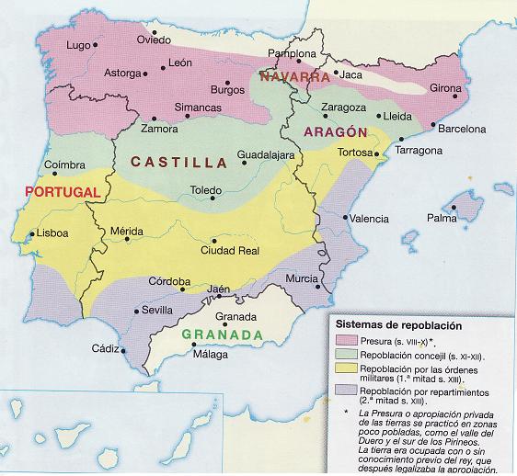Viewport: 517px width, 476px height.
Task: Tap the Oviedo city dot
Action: (x=155, y=32)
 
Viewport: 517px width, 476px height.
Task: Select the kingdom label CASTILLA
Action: (x=178, y=163)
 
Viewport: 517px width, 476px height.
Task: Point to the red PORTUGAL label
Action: (x=63, y=192)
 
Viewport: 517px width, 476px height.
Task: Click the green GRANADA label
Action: (x=228, y=334)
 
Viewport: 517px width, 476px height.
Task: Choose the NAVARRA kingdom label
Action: (x=294, y=77)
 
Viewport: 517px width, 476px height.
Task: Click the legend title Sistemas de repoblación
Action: (x=398, y=325)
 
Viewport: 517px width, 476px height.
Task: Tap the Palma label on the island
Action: (x=442, y=218)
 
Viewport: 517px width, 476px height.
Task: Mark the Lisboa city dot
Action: (x=32, y=234)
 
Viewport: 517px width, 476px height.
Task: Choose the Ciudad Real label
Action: (x=224, y=251)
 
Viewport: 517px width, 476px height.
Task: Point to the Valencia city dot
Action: (x=346, y=218)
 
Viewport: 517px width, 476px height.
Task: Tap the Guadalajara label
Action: (x=266, y=155)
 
